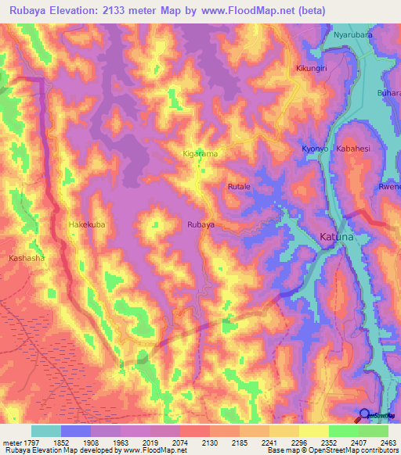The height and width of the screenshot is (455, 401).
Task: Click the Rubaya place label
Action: pos(200,225)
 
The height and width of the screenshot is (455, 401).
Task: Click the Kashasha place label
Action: pos(27,258)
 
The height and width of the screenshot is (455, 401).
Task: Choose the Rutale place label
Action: pos(239,188)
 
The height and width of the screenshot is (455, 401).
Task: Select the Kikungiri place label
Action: pos(315,69)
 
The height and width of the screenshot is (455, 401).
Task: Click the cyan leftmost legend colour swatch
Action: pos(46,431)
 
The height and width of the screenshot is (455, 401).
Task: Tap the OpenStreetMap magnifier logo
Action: pos(365,416)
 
